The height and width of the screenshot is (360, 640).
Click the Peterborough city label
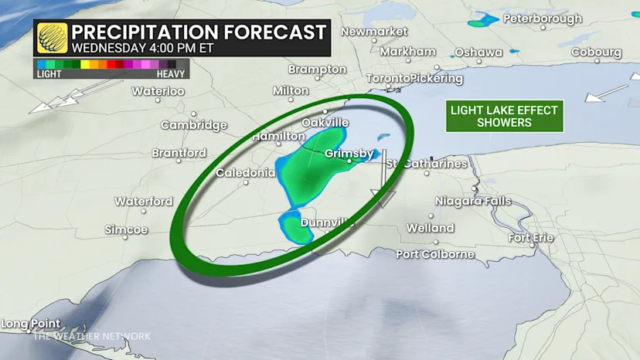tap(542, 18)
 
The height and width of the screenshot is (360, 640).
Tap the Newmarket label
tap(373, 32)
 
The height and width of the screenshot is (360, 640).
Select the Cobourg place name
tap(596, 52)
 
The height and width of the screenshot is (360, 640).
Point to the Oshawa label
tap(478, 52)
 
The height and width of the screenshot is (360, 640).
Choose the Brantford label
tap(179, 153)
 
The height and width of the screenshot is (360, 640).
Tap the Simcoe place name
tap(126, 230)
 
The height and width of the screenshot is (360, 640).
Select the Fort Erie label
tap(531, 237)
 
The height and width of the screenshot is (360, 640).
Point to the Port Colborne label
tap(435, 254)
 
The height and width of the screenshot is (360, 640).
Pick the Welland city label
tap(431, 228)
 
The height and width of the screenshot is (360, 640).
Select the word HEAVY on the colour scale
tap(170, 74)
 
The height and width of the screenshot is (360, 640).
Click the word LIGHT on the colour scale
tap(49, 74)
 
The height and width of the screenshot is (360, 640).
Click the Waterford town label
tap(144, 202)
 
